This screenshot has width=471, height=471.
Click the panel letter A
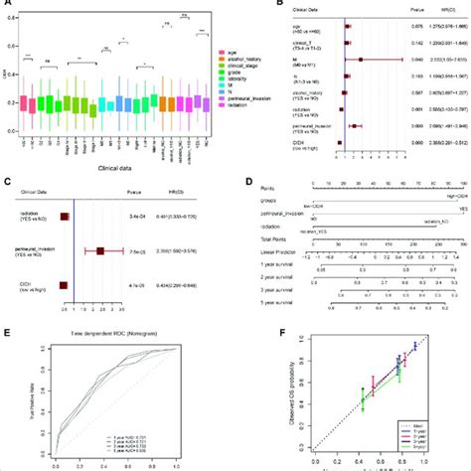7,6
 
